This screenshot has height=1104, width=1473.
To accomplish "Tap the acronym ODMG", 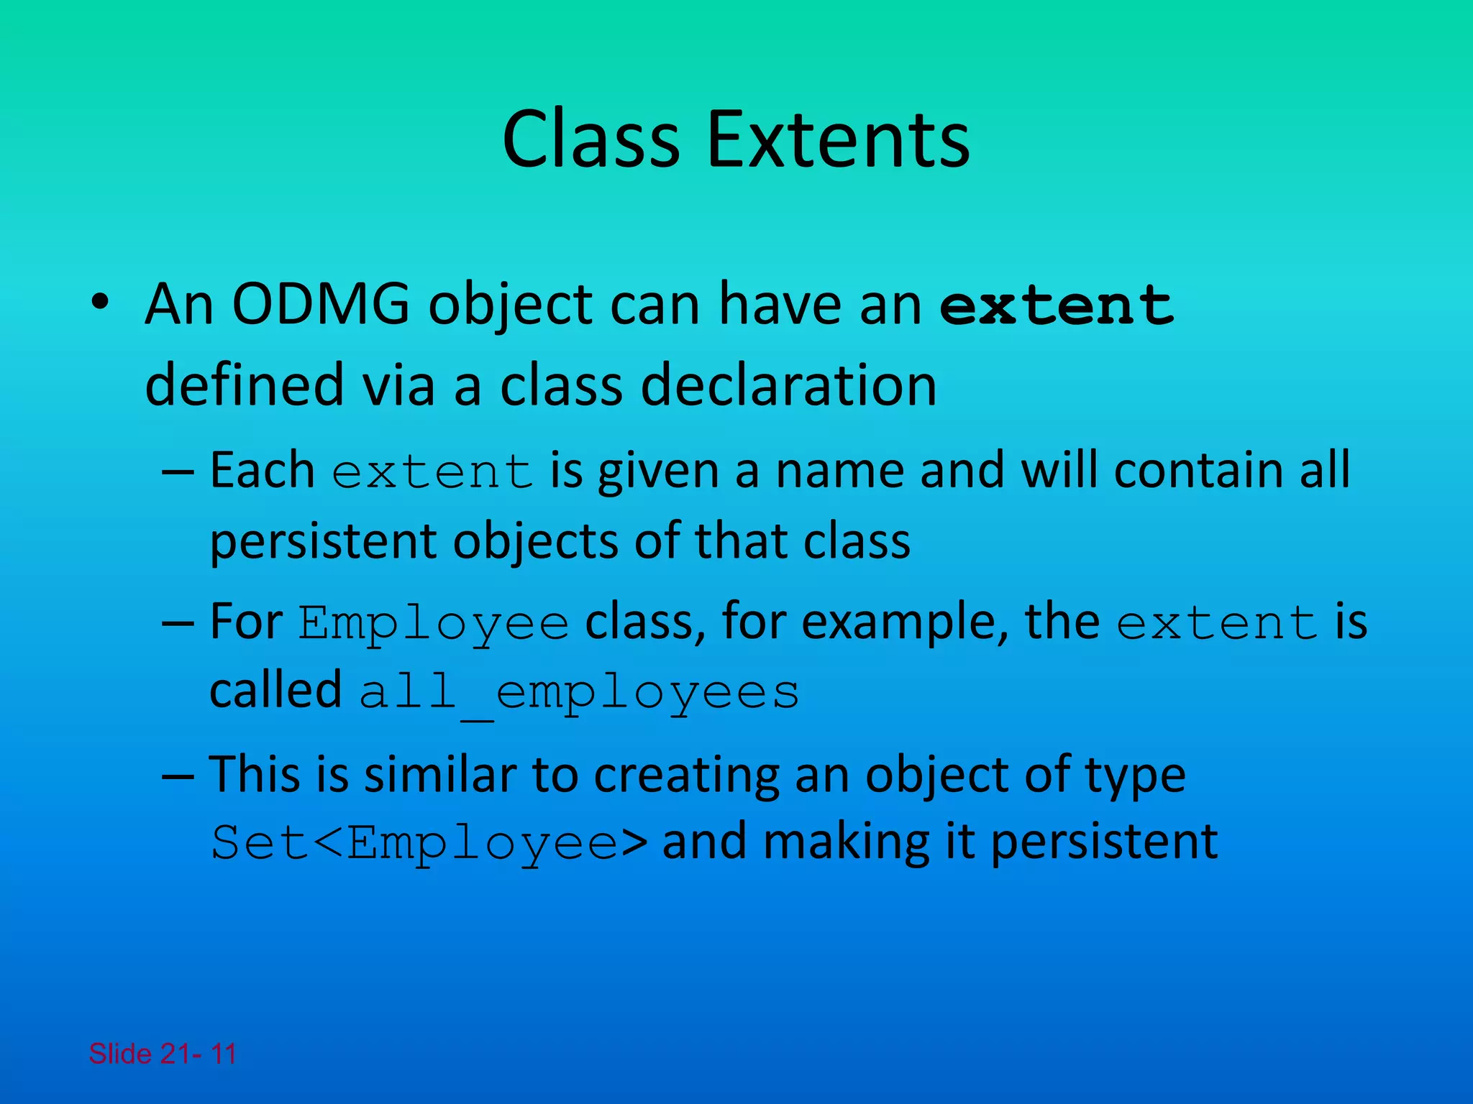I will pos(321,305).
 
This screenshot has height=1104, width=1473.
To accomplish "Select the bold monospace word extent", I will pos(1057,305).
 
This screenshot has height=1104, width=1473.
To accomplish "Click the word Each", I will pos(262,471).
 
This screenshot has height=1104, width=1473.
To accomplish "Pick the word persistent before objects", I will pos(323,540).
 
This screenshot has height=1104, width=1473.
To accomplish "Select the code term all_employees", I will pos(579,693).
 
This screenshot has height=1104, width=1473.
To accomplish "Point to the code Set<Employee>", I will pos(429,842).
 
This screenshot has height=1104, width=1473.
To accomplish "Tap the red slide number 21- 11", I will pos(197,1054).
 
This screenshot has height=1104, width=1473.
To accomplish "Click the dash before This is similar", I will pos(178,776).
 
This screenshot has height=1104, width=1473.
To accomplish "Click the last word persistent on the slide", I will pos(1104,842).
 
